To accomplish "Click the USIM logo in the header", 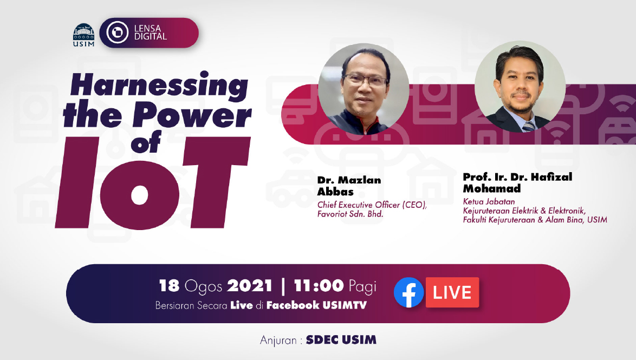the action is click(83, 35).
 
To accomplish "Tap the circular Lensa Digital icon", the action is click(117, 32).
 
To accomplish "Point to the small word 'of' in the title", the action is click(146, 143).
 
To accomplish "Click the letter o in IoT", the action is click(140, 194).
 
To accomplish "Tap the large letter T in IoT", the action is click(215, 182).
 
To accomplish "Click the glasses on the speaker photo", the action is click(366, 80).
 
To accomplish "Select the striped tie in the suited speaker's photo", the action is click(528, 127).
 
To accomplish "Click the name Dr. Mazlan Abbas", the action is click(349, 186).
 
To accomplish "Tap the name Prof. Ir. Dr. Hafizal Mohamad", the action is click(517, 182).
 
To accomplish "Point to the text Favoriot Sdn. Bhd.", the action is click(350, 214).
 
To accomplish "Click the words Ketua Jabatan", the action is click(489, 201).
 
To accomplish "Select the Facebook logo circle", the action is click(409, 292).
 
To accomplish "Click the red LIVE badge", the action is click(452, 292).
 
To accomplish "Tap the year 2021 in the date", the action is click(249, 286).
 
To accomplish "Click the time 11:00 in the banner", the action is click(319, 286).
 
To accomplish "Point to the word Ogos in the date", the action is click(203, 286).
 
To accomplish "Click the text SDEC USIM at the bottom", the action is click(341, 340).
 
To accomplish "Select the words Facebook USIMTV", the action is click(316, 305).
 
